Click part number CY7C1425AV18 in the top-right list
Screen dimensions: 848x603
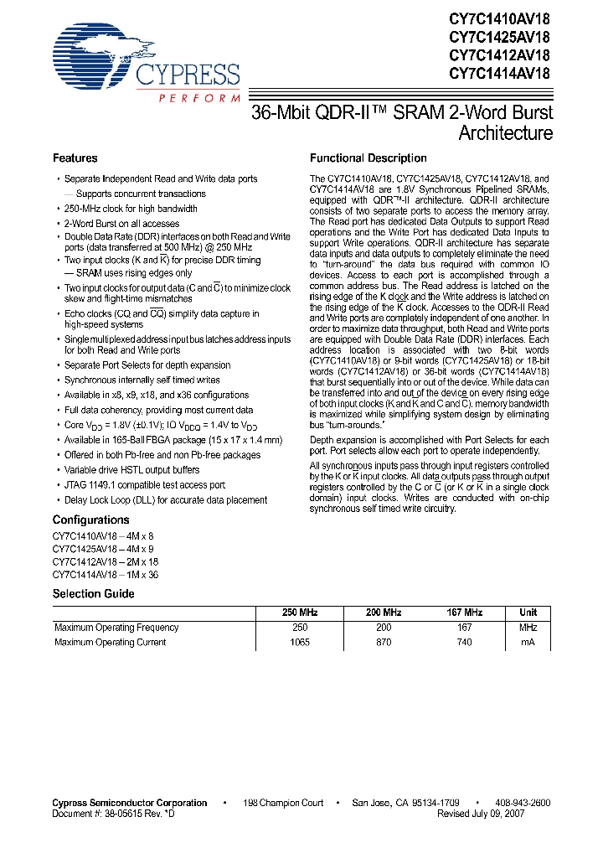click(500, 36)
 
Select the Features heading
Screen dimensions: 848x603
click(75, 158)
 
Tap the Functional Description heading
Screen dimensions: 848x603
click(368, 158)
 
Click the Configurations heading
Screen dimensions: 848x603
click(90, 520)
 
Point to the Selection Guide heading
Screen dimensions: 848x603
click(93, 594)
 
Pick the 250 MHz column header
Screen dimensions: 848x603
click(300, 613)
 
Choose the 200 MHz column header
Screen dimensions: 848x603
click(384, 613)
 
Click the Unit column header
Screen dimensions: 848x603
click(528, 613)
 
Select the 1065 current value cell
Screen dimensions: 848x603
click(299, 643)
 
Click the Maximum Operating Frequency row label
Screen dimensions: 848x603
click(116, 628)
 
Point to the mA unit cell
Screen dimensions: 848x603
click(528, 643)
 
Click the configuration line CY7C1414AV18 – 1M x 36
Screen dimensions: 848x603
click(105, 575)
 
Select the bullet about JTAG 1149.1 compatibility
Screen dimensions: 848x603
click(145, 485)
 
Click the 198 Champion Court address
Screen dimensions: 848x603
click(284, 803)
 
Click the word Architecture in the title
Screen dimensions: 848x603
click(505, 133)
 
